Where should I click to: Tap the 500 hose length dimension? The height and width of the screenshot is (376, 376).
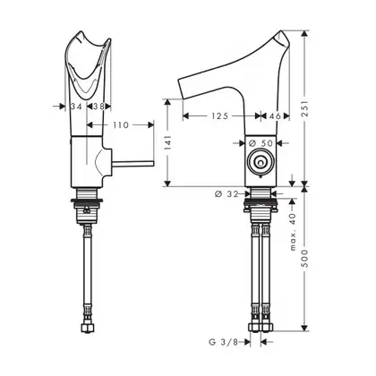coord(304,259)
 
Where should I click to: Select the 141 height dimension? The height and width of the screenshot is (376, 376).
coord(167,142)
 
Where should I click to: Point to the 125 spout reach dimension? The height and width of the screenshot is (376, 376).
coord(220,115)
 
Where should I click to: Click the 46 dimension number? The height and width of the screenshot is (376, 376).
coord(275,115)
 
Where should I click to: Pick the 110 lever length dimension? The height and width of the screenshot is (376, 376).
coord(121,124)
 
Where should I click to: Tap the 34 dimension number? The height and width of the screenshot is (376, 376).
coord(76,107)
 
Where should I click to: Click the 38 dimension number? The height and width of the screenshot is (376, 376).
coord(98,107)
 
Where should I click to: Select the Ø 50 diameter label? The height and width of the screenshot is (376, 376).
coord(261,143)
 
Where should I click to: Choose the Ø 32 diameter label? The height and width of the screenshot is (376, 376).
coord(226,194)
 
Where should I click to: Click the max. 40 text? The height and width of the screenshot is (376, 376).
coord(293,232)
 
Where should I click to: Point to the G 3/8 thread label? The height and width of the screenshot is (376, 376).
coord(224,342)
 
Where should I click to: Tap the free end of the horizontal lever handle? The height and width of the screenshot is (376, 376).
coord(153,163)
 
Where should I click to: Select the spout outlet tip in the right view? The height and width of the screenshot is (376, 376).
coord(181,89)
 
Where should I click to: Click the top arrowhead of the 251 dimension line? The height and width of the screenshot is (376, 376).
coord(304,34)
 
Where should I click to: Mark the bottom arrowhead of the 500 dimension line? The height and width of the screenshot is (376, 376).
coord(304,328)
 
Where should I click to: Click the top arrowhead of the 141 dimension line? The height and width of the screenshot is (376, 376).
coord(167,102)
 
